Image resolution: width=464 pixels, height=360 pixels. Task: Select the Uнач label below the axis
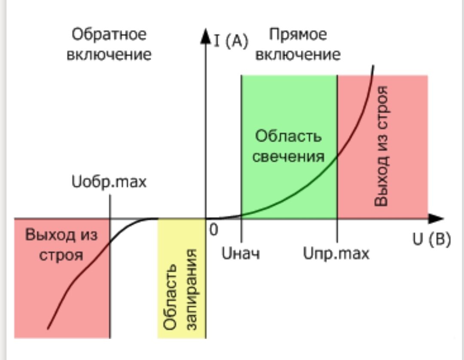pyautogui.click(x=241, y=253)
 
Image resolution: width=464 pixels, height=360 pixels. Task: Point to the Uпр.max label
pyautogui.click(x=336, y=253)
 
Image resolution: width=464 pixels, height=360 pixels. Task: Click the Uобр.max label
pyautogui.click(x=109, y=182)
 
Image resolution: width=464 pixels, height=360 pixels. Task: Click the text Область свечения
pyautogui.click(x=288, y=146)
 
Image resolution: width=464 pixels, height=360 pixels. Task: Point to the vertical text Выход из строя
pyautogui.click(x=381, y=146)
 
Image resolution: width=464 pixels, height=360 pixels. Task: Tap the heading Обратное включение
pyautogui.click(x=109, y=45)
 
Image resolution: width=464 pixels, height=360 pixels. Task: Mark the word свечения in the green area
pyautogui.click(x=288, y=156)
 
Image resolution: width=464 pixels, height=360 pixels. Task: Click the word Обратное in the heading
pyautogui.click(x=109, y=35)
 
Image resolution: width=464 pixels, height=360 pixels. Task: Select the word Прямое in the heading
pyautogui.click(x=298, y=35)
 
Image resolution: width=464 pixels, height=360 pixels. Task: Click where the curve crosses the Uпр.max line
pyautogui.click(x=337, y=156)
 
